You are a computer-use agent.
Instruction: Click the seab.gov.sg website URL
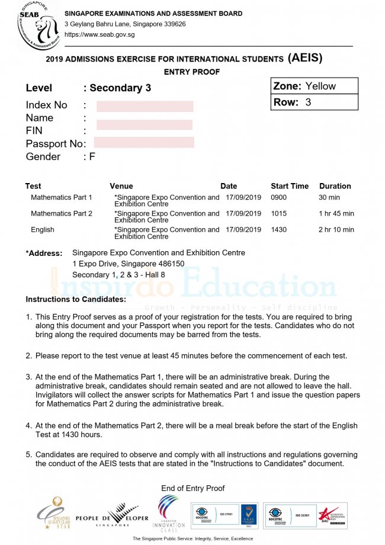[x=100, y=34]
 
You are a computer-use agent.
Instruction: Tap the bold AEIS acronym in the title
[x=305, y=58]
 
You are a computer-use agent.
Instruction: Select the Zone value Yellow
[x=320, y=86]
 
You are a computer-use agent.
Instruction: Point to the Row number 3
[x=308, y=102]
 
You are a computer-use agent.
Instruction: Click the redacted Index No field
[x=145, y=106]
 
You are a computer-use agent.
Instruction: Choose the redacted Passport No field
[x=144, y=142]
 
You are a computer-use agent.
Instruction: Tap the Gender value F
[x=92, y=156]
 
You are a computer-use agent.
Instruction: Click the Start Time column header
[x=290, y=186]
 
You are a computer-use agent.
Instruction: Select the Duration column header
[x=335, y=186]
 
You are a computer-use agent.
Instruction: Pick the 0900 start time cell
[x=278, y=197]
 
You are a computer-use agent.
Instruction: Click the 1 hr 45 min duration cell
[x=336, y=213]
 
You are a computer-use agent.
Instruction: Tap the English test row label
[x=42, y=229]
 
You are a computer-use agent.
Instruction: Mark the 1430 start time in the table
[x=278, y=229]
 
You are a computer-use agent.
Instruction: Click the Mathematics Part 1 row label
[x=62, y=197]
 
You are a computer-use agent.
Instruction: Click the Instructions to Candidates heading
[x=76, y=299]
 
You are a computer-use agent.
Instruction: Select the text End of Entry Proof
[x=192, y=488]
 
